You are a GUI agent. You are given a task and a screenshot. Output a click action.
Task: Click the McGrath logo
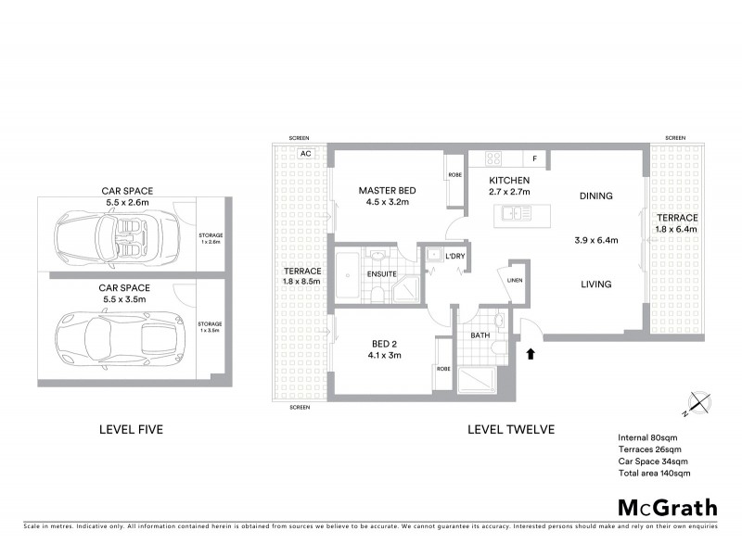[x=668, y=507]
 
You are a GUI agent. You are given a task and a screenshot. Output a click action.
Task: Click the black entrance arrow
[x=531, y=353]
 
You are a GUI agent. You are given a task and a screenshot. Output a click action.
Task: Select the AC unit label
[x=304, y=155]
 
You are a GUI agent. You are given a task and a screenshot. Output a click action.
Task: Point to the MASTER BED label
[x=387, y=191]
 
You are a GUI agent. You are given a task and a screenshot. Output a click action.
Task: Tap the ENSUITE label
[x=381, y=274]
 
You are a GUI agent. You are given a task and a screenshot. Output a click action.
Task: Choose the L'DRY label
[x=454, y=255]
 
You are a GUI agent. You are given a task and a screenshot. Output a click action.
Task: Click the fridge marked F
[x=535, y=158]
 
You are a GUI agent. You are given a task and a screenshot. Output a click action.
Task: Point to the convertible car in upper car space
[x=112, y=235]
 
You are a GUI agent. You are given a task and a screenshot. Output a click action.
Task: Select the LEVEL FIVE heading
[x=137, y=429]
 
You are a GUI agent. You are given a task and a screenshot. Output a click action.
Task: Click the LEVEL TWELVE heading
[x=511, y=429]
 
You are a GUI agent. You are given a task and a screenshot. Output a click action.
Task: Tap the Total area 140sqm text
[x=654, y=473]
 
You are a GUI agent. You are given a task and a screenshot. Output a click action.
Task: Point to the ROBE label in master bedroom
[x=455, y=174]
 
